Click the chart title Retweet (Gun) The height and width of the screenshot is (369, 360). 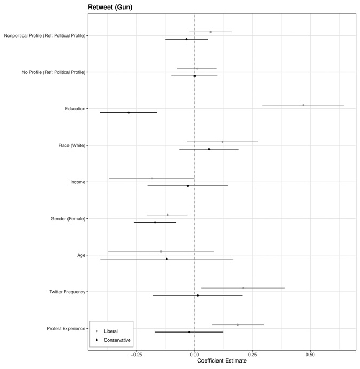tap(110, 7)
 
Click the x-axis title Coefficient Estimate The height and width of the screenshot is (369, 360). tap(222, 361)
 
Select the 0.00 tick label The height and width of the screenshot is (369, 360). tap(194, 354)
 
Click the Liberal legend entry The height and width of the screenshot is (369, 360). tap(110, 331)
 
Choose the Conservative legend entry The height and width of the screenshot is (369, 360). tap(117, 340)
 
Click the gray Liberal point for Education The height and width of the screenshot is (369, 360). tap(303, 105)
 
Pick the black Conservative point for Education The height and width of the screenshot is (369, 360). tap(129, 113)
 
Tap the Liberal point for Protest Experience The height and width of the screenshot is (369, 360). tap(238, 324)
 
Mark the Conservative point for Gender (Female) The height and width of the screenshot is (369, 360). tap(155, 222)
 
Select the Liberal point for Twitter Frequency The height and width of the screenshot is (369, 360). tap(243, 288)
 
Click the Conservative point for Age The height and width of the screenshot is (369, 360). tap(167, 259)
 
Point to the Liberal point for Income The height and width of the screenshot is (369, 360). tap(152, 178)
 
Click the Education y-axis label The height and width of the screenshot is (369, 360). tap(75, 109)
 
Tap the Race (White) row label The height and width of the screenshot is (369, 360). tap(72, 145)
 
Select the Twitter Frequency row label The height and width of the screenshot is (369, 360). tap(67, 292)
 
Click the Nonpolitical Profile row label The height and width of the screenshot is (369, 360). tap(44, 35)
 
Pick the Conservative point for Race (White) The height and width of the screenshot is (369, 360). tap(209, 149)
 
